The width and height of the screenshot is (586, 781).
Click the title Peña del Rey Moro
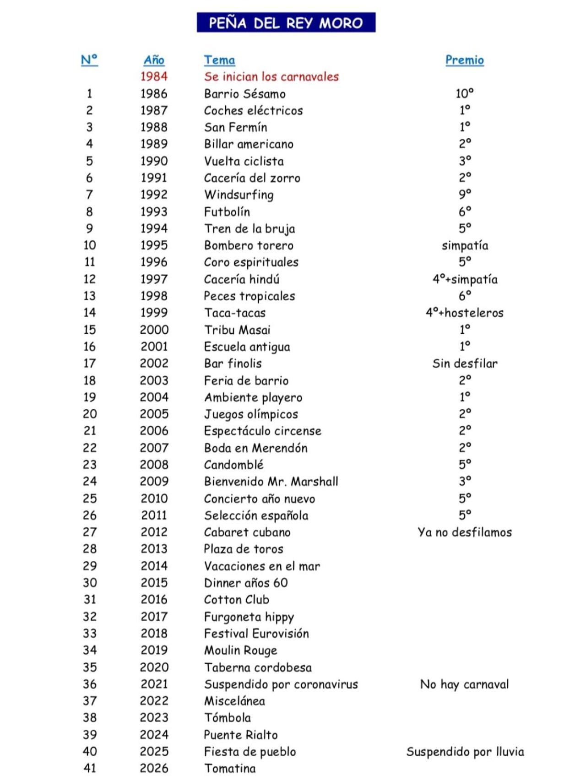(x=286, y=22)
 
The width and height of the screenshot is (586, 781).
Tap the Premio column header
(x=464, y=60)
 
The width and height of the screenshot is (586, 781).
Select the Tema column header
(x=219, y=60)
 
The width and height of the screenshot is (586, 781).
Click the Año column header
(x=154, y=60)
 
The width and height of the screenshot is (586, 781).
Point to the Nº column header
(x=89, y=60)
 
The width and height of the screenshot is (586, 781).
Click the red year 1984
(x=154, y=76)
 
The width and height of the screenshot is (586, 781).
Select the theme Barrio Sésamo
(x=244, y=94)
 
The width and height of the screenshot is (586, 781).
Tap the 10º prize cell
(x=464, y=93)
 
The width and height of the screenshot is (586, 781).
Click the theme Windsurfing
(x=239, y=195)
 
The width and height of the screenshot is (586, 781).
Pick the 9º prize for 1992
(x=464, y=194)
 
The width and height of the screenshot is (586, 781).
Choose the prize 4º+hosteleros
(x=464, y=313)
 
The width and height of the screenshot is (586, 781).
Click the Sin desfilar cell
(x=464, y=363)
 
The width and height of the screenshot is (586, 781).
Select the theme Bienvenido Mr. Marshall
(x=271, y=482)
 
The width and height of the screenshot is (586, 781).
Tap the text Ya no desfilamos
(x=464, y=532)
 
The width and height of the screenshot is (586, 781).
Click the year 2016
(x=154, y=600)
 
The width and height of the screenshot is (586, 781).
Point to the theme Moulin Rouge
(x=240, y=651)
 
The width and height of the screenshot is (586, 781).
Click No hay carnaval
(x=464, y=684)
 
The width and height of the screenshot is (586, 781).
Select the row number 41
(x=90, y=768)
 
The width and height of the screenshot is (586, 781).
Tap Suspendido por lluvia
(x=465, y=752)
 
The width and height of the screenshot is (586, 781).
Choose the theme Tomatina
(x=230, y=768)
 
